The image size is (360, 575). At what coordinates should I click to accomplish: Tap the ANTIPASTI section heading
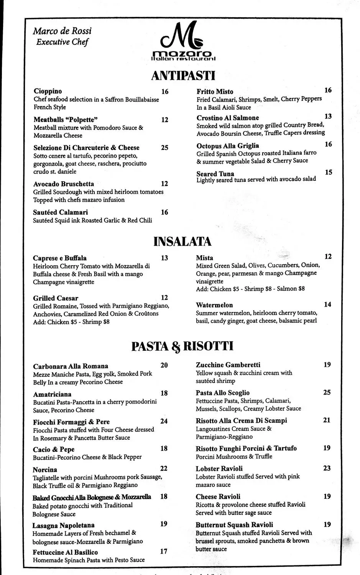tap(183, 75)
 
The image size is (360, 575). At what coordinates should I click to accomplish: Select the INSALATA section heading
tap(182, 242)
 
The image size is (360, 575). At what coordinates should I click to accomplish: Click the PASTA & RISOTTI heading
tap(182, 346)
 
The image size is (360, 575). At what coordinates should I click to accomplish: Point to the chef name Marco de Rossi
tap(62, 31)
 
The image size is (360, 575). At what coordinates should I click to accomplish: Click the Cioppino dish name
tap(48, 91)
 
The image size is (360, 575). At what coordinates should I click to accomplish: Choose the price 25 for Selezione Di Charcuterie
tap(164, 148)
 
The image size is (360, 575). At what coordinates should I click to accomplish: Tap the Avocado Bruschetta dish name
tap(64, 184)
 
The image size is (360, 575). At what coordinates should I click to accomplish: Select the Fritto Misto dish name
tap(215, 92)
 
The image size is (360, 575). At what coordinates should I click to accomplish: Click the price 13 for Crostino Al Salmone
tap(328, 117)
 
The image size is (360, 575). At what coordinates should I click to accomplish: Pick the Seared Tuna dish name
tap(215, 174)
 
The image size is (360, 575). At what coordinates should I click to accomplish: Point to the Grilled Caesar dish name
tap(56, 298)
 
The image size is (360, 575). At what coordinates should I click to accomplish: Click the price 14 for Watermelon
tap(327, 305)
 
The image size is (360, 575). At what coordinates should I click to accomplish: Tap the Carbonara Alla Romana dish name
tap(71, 366)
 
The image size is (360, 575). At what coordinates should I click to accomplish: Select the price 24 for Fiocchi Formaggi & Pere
tap(164, 421)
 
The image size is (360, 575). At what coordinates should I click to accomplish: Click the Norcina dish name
tap(45, 470)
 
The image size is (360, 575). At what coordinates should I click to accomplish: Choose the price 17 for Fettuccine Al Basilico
tap(164, 552)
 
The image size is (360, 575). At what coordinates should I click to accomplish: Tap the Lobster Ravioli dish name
tap(219, 468)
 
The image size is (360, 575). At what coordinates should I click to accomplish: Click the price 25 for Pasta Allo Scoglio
tap(327, 393)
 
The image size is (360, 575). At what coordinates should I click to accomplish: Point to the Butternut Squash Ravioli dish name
tap(234, 525)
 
